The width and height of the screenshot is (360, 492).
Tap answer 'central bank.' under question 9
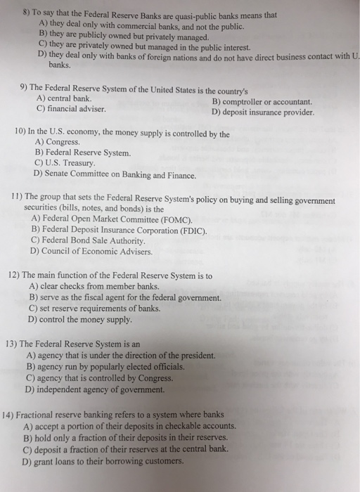click(69, 100)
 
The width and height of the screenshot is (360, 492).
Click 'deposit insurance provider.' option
click(268, 112)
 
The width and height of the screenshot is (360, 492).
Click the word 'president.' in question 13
click(196, 356)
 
